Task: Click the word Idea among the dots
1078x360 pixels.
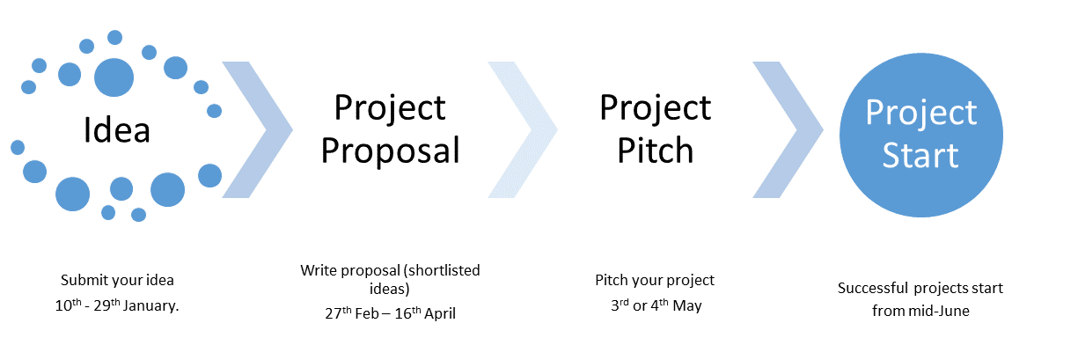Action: coord(117,130)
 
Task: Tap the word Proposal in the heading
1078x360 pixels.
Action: coord(390,151)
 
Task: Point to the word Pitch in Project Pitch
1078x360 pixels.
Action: coord(655,151)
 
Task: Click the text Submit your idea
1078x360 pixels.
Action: coord(117,281)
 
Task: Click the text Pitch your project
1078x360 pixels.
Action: coord(655,281)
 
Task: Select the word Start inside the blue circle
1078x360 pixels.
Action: coord(920,156)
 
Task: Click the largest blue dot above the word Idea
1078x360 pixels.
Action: coord(114,77)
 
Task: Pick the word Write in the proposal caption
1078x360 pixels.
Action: coord(318,270)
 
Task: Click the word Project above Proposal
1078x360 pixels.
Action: coord(390,108)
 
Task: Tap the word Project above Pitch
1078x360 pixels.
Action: coord(655,108)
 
